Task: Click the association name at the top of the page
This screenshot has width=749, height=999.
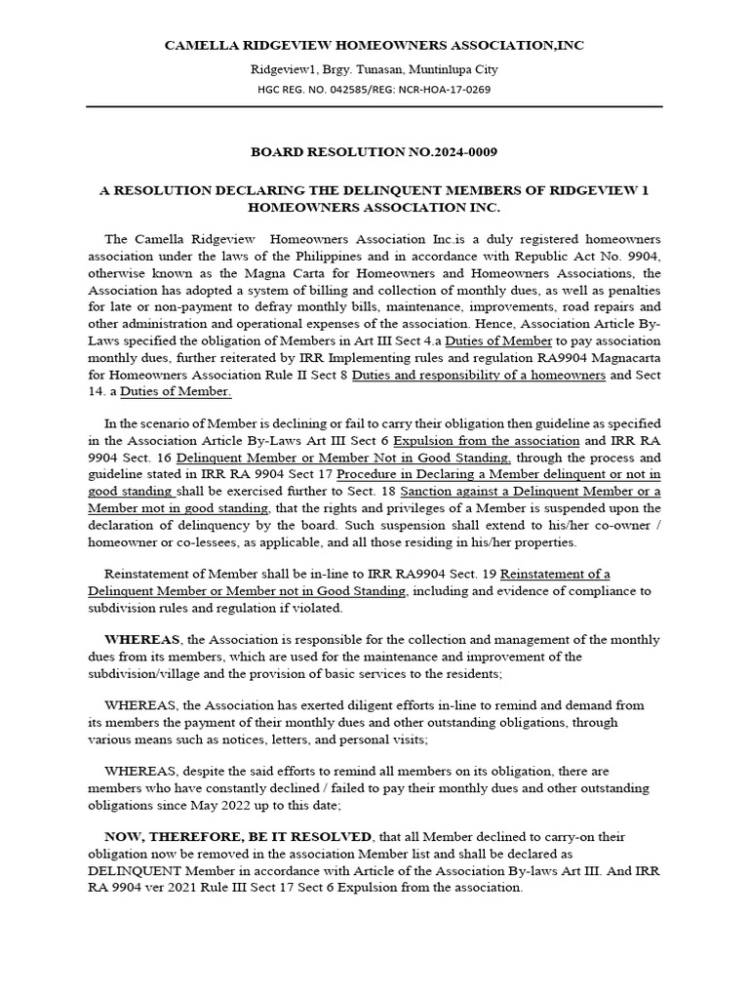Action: [374, 45]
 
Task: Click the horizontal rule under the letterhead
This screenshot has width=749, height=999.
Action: [374, 107]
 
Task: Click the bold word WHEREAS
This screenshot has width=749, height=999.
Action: [148, 639]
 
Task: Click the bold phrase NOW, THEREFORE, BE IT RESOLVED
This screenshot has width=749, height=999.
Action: [238, 838]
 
